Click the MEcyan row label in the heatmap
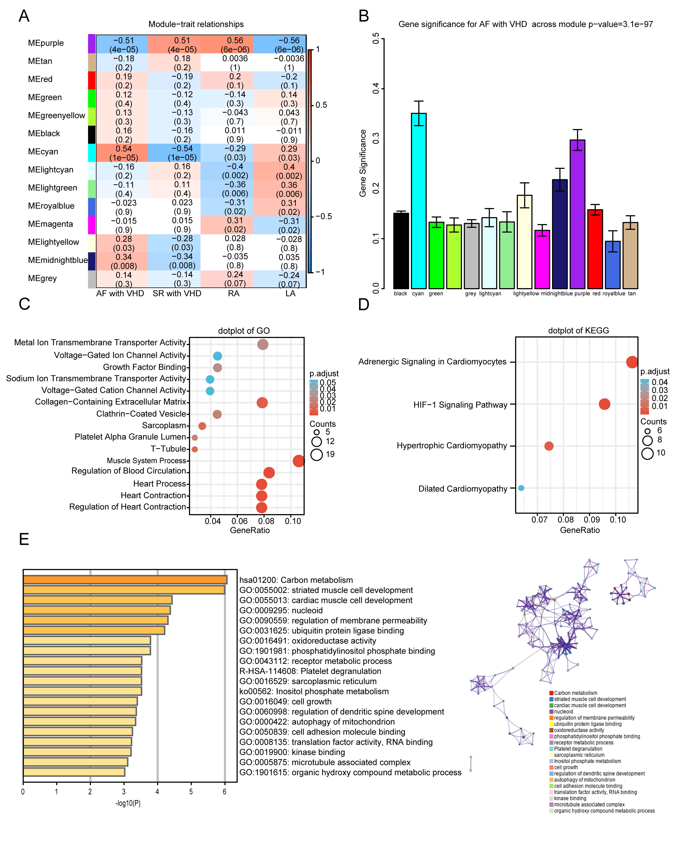tap(43, 151)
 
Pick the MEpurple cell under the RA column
tap(227, 45)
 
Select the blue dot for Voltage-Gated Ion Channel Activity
tap(218, 356)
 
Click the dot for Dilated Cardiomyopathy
tap(521, 488)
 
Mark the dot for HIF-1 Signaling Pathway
tap(604, 404)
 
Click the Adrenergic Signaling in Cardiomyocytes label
tap(432, 362)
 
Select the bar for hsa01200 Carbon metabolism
tap(125, 580)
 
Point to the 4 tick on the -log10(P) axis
tap(157, 792)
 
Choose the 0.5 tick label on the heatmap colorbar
tap(321, 105)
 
